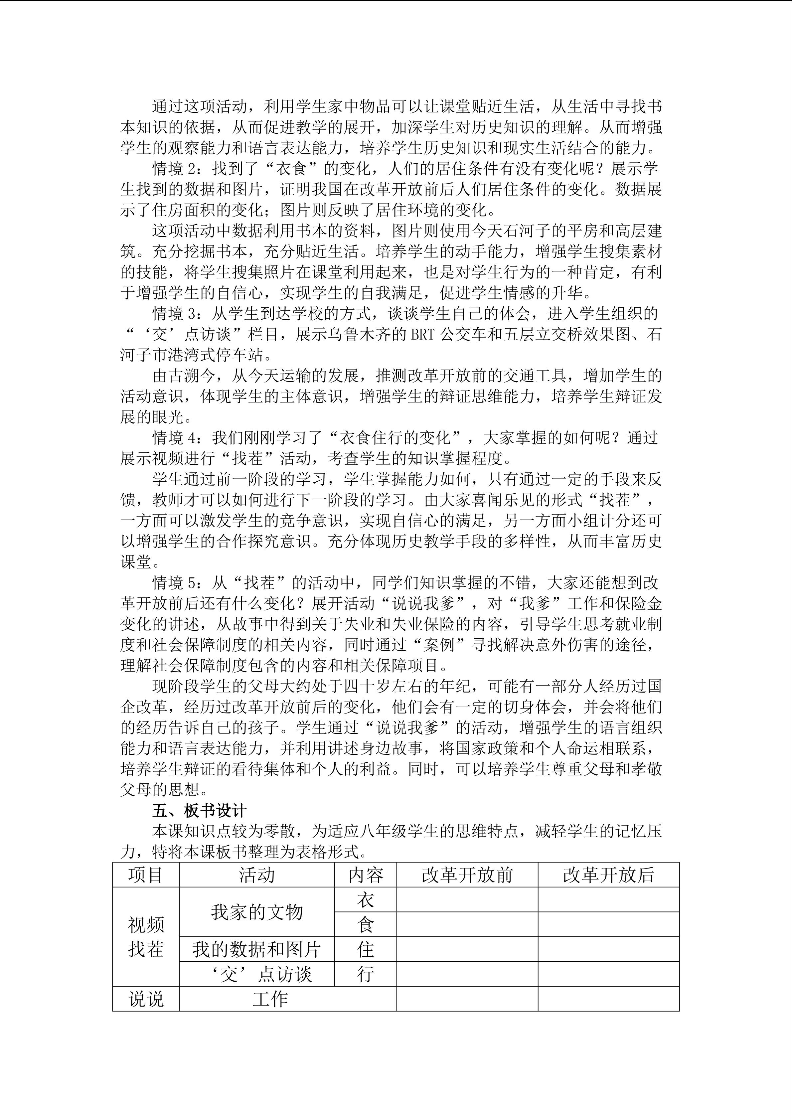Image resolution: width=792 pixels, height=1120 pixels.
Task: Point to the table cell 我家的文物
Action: (x=256, y=912)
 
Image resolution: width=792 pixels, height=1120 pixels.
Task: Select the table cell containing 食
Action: (x=365, y=925)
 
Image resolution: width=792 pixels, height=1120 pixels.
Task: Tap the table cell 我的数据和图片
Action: (x=256, y=950)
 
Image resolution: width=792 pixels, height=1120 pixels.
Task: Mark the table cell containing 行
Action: (x=365, y=975)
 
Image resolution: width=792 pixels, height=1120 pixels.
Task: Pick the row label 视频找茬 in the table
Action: (x=145, y=937)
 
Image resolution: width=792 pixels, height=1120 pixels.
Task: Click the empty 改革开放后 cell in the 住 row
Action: (x=608, y=950)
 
